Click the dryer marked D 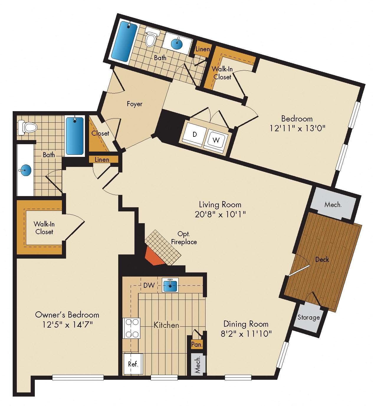click(194, 134)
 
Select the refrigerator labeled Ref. click(133, 364)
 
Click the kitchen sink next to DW click(170, 285)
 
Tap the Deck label click(322, 259)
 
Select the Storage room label click(308, 317)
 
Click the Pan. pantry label click(197, 344)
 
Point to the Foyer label click(134, 104)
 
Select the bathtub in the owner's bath click(75, 136)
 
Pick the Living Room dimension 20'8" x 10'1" click(220, 214)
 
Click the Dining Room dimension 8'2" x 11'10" click(246, 333)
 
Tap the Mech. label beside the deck click(333, 205)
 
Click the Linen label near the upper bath click(203, 49)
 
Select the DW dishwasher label click(149, 285)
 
